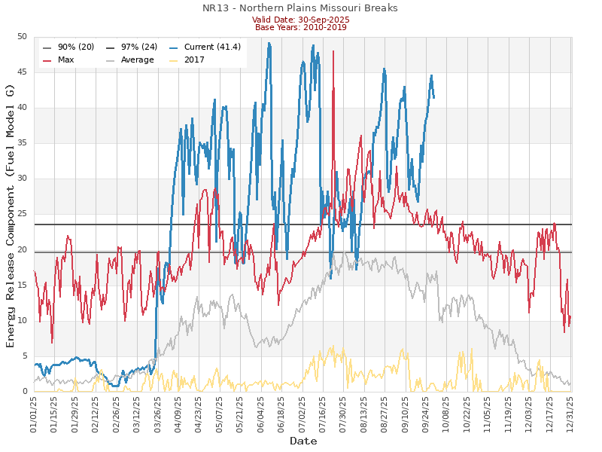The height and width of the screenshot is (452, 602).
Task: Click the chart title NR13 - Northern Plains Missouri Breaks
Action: click(x=300, y=8)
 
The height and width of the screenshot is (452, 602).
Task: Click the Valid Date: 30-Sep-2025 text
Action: click(x=300, y=20)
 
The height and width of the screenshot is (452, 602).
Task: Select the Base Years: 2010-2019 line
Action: click(x=300, y=27)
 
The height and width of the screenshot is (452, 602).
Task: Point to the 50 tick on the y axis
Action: click(x=22, y=37)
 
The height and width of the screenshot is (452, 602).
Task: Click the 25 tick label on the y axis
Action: click(x=22, y=215)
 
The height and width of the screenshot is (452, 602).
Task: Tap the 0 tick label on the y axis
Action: click(x=25, y=392)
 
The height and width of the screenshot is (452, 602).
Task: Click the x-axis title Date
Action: click(x=303, y=441)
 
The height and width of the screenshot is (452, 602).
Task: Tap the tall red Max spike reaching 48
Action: click(x=333, y=52)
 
